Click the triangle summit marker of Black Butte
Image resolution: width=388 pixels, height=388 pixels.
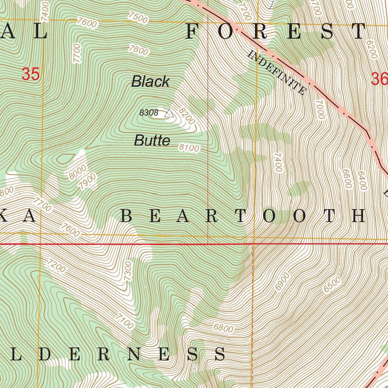169,113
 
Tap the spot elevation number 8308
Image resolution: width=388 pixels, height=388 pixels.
149,113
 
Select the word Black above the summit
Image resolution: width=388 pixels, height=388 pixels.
150,82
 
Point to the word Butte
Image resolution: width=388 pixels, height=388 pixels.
152,141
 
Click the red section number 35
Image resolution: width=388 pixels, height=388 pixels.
30,74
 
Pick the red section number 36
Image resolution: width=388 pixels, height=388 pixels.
379,79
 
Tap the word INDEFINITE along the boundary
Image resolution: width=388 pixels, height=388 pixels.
277,72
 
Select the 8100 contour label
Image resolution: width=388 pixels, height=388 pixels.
189,148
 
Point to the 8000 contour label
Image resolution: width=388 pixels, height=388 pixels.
77,172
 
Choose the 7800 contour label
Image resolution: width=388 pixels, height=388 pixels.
139,50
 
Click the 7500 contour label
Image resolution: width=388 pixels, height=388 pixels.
138,17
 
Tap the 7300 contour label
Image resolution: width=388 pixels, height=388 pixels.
128,271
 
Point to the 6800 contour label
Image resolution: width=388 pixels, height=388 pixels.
223,328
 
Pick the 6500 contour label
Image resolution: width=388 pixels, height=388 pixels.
332,285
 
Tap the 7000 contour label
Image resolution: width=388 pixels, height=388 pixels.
321,110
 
